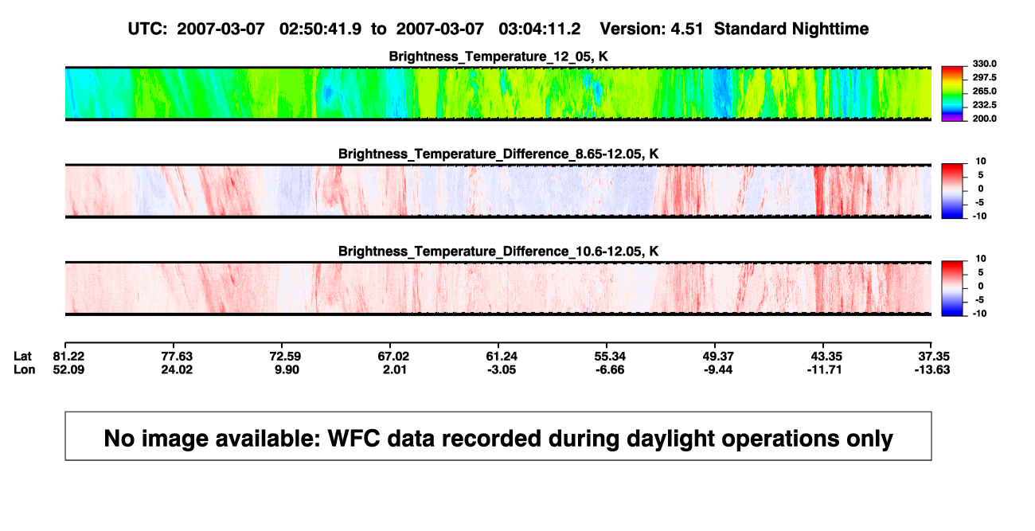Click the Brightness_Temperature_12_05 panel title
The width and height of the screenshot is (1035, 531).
click(x=498, y=57)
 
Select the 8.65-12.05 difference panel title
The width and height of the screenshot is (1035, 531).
click(x=498, y=154)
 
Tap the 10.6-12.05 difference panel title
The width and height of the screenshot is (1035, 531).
click(x=498, y=252)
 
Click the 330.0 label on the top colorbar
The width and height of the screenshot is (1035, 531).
click(x=984, y=64)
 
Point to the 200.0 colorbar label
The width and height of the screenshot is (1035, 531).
click(x=984, y=119)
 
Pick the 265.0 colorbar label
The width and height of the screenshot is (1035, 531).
click(x=984, y=91)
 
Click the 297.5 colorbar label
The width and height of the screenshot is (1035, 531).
click(x=984, y=77)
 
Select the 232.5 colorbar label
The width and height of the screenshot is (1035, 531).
click(x=984, y=105)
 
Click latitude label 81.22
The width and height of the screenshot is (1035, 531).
click(x=68, y=357)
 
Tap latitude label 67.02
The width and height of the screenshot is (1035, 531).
click(x=393, y=357)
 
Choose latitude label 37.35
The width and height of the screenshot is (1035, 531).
click(x=934, y=357)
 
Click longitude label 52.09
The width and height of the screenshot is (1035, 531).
click(x=68, y=369)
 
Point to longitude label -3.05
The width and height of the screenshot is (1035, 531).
click(x=502, y=369)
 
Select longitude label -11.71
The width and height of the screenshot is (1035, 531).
click(x=824, y=369)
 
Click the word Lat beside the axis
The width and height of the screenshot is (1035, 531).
click(x=22, y=357)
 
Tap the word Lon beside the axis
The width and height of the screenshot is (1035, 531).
click(x=25, y=369)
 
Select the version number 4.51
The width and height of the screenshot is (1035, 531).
click(x=687, y=29)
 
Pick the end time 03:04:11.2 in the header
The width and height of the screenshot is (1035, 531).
click(x=539, y=29)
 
